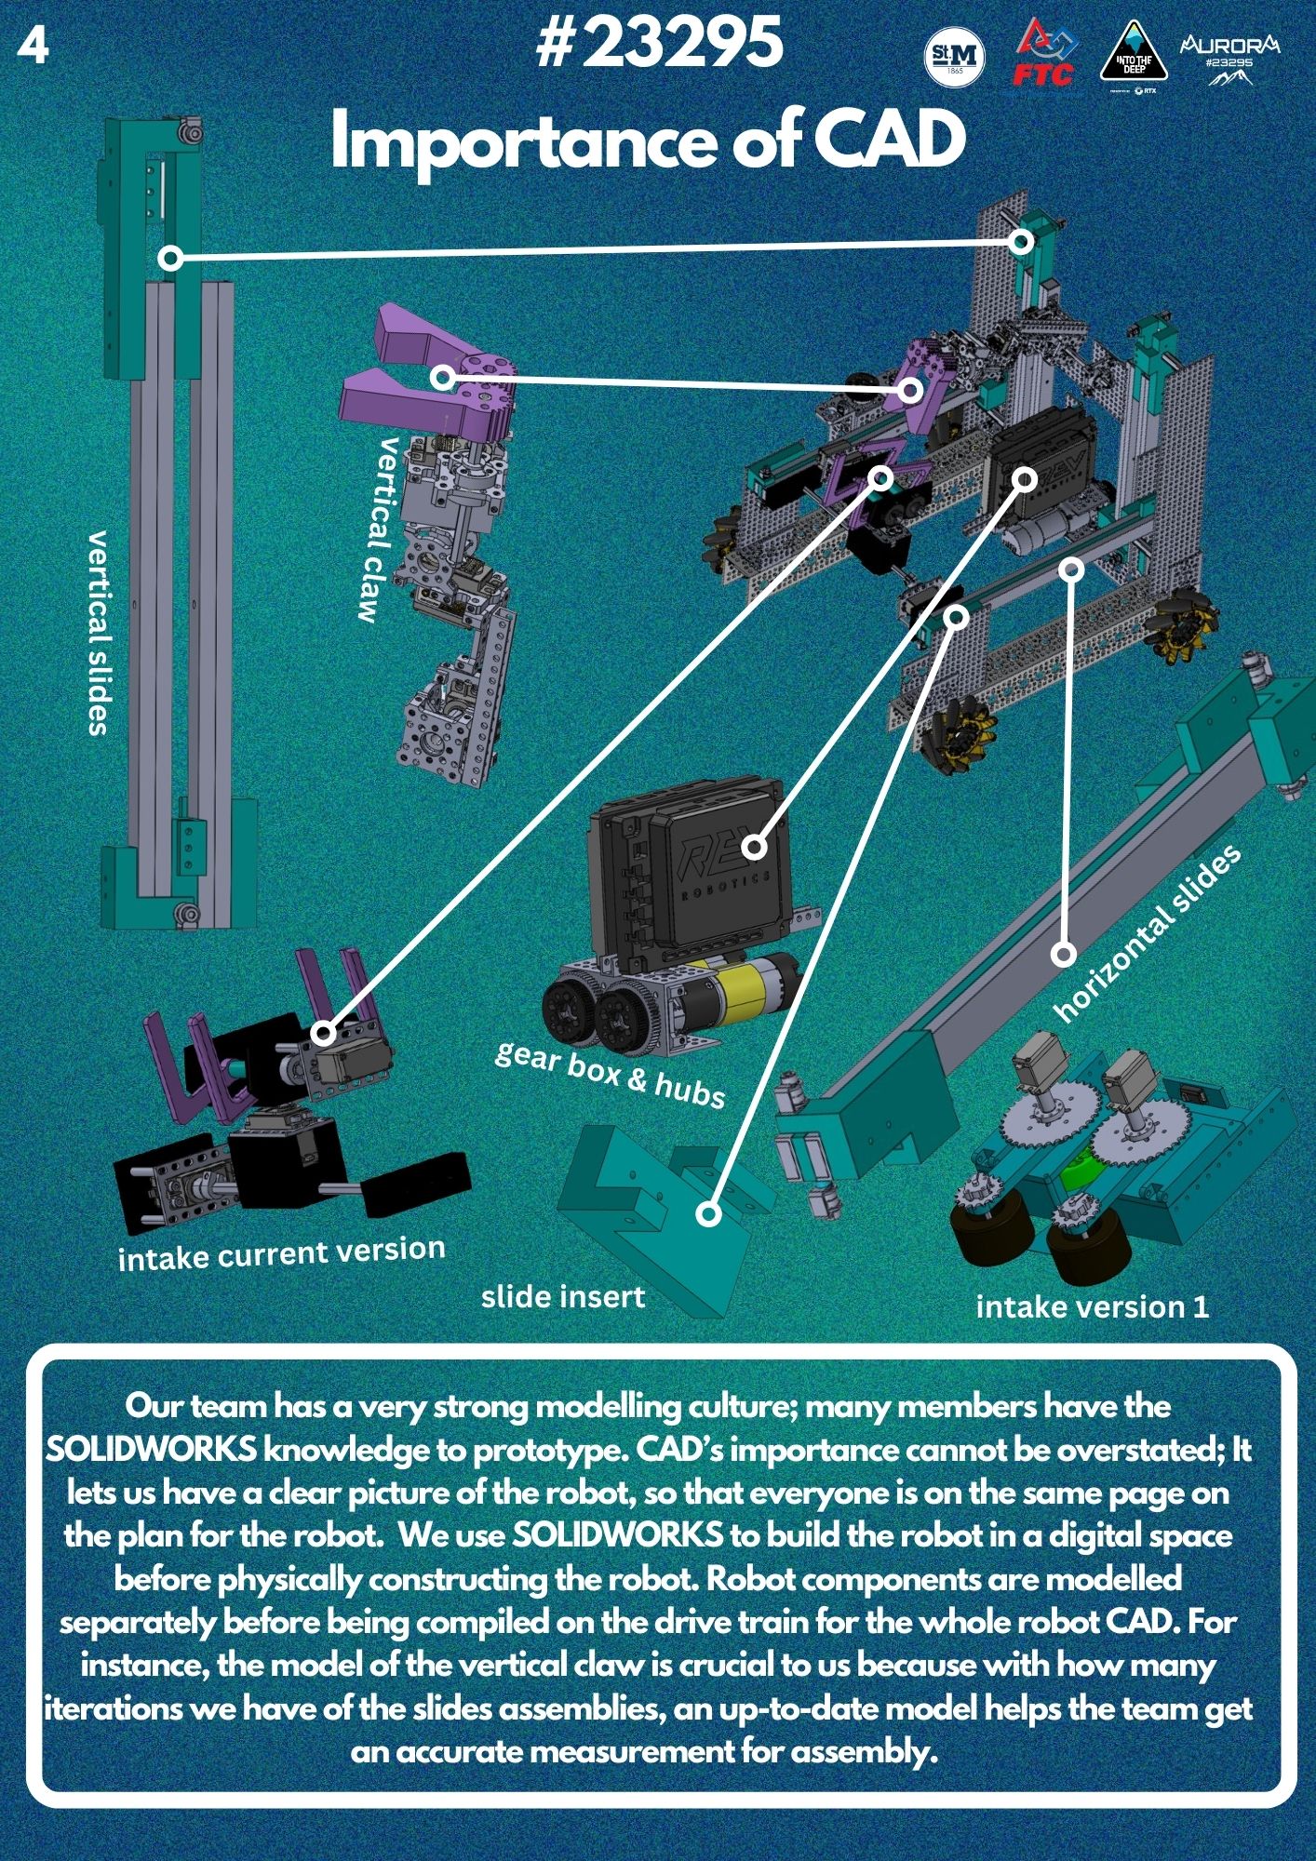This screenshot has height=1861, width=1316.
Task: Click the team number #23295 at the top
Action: [x=659, y=44]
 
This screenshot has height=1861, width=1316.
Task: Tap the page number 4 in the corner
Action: [x=33, y=47]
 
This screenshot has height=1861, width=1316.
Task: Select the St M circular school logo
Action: [x=955, y=58]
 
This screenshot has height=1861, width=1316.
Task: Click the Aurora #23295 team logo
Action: [x=1229, y=58]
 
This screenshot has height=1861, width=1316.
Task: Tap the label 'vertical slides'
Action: [x=99, y=633]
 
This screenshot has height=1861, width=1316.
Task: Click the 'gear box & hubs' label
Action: [x=610, y=1075]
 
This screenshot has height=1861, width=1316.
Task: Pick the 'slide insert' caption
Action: [x=563, y=1296]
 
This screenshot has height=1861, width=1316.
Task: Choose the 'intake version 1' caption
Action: [x=1093, y=1306]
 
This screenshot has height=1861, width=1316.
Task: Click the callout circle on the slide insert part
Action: [x=709, y=1214]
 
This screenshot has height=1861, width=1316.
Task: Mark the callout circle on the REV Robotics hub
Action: [x=755, y=847]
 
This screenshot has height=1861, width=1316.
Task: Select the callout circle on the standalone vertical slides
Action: [x=170, y=258]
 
